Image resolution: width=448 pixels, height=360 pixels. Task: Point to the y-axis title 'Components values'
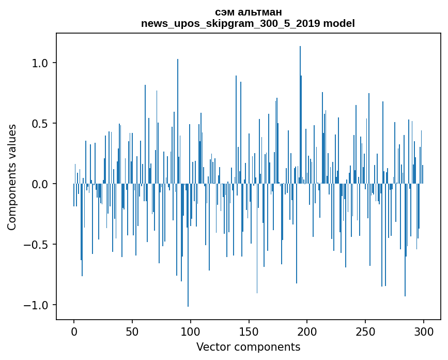pos(12,177)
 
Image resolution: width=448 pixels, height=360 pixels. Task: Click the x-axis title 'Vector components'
pos(248,347)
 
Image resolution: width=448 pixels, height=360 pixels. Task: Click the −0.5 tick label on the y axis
pos(38,245)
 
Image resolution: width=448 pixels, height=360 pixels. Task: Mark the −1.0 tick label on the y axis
pos(38,305)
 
